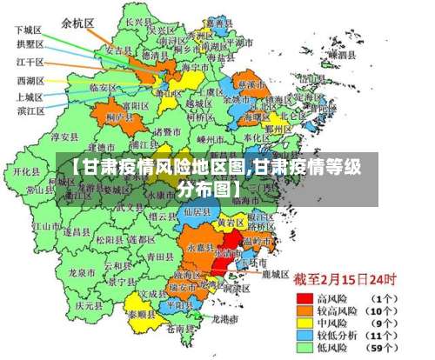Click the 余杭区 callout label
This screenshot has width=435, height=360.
point(78,23)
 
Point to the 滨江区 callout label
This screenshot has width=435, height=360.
point(31,110)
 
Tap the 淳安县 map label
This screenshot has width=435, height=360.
point(64,137)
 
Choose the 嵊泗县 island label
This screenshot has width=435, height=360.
point(341,54)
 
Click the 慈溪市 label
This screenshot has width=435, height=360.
point(251,85)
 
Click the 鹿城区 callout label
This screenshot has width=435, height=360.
point(274,274)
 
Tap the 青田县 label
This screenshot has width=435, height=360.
point(160,257)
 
